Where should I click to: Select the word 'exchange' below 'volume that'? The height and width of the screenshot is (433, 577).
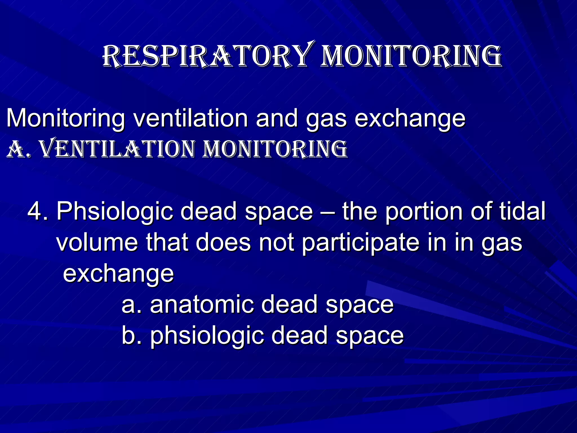(x=118, y=274)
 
